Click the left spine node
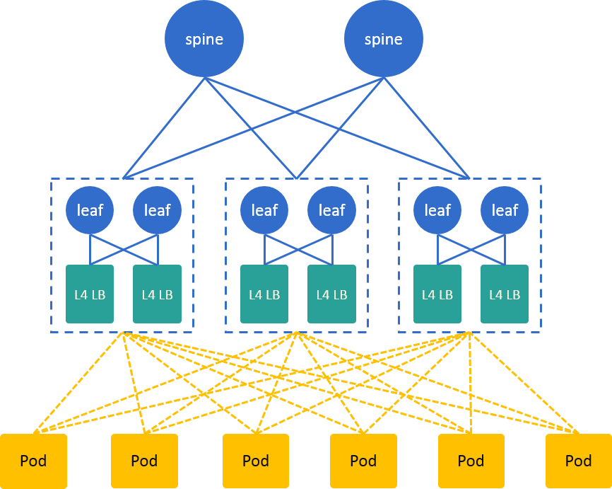pyautogui.click(x=204, y=39)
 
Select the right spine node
pyautogui.click(x=384, y=39)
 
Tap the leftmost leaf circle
pyautogui.click(x=90, y=210)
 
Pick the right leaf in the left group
pyautogui.click(x=157, y=210)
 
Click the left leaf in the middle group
pyautogui.click(x=264, y=210)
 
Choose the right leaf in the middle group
pyautogui.click(x=331, y=210)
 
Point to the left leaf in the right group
pyautogui.click(x=437, y=210)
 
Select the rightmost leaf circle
pyautogui.click(x=505, y=210)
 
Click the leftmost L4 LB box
pyautogui.click(x=90, y=294)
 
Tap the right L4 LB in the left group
pyautogui.click(x=157, y=294)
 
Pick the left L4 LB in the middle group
pyautogui.click(x=264, y=294)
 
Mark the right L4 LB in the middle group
pyautogui.click(x=331, y=294)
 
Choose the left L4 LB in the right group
pyautogui.click(x=437, y=294)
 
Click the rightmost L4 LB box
pyautogui.click(x=505, y=294)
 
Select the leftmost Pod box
pyautogui.click(x=33, y=461)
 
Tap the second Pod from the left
pyautogui.click(x=144, y=461)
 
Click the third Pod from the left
pyautogui.click(x=256, y=461)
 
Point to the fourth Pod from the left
pyautogui.click(x=363, y=461)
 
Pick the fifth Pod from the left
pyautogui.click(x=471, y=461)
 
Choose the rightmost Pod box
pyautogui.click(x=578, y=461)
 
